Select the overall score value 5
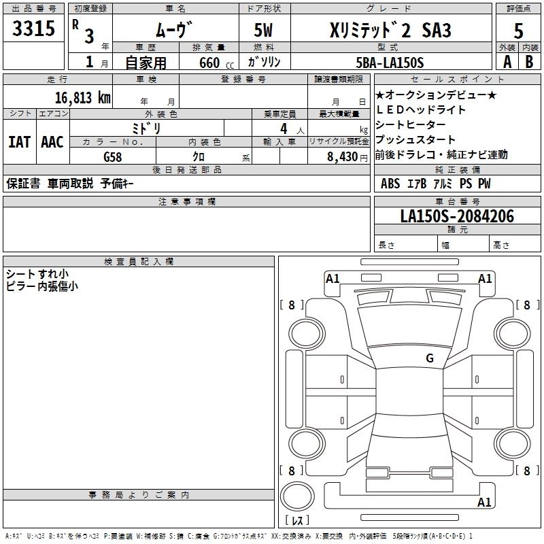518,31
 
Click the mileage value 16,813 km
82,97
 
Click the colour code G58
112,156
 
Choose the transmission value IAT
19,142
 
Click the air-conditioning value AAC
52,142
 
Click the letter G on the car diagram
429,358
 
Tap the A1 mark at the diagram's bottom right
484,503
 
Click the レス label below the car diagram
296,521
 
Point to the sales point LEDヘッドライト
421,110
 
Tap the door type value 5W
264,31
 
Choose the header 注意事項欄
186,202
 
